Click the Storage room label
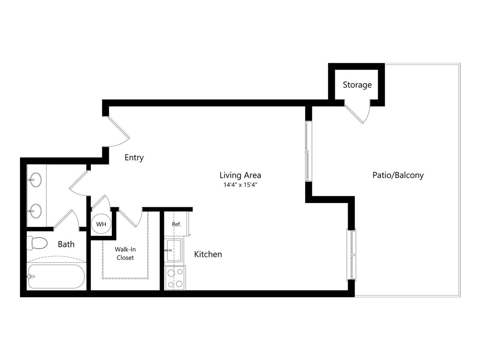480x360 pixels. pyautogui.click(x=357, y=85)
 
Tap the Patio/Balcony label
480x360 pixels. pyautogui.click(x=398, y=175)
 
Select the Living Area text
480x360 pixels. pyautogui.click(x=240, y=175)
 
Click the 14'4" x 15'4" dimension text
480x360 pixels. pyautogui.click(x=240, y=185)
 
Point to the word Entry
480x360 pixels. pyautogui.click(x=134, y=158)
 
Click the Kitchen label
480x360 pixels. pyautogui.click(x=208, y=254)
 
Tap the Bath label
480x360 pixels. pyautogui.click(x=66, y=244)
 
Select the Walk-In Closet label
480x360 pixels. pyautogui.click(x=125, y=253)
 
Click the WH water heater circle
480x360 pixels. pyautogui.click(x=101, y=224)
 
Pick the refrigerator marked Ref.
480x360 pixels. pyautogui.click(x=176, y=224)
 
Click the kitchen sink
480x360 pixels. pyautogui.click(x=174, y=250)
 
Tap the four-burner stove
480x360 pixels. pyautogui.click(x=175, y=278)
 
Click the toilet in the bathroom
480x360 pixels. pyautogui.click(x=37, y=243)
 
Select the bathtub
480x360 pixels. pyautogui.click(x=56, y=276)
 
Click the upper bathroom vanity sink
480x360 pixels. pyautogui.click(x=36, y=180)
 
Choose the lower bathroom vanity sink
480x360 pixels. pyautogui.click(x=36, y=210)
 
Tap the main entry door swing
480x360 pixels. pyautogui.click(x=118, y=132)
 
